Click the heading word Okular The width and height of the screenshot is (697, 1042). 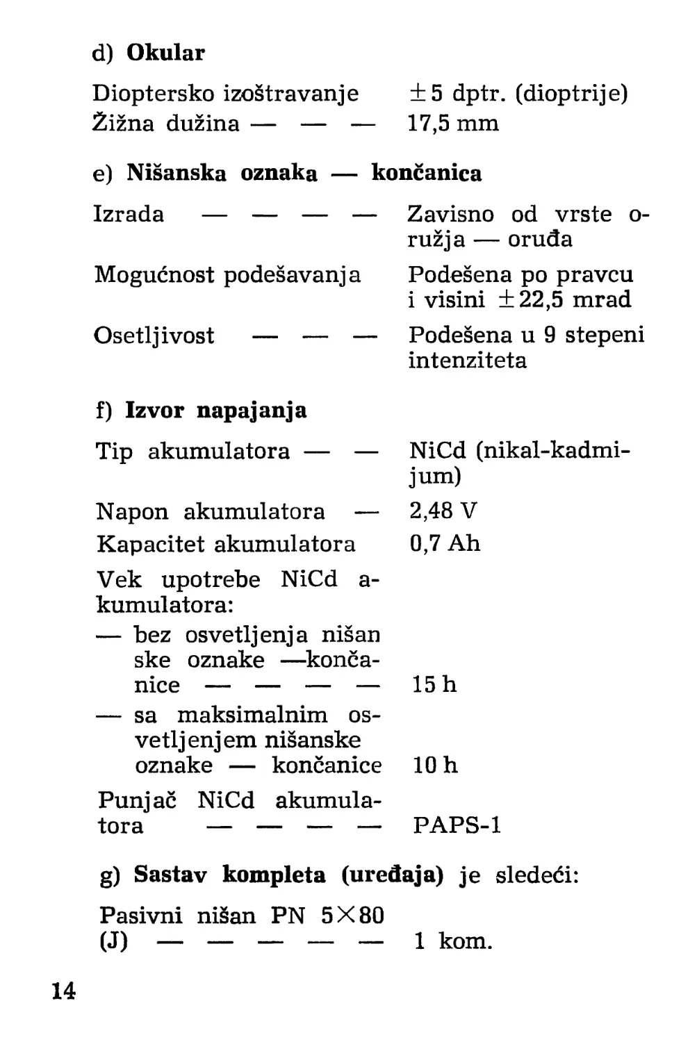click(x=165, y=53)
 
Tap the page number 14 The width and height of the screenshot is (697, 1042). click(x=63, y=991)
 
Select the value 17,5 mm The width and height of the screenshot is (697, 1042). click(x=453, y=124)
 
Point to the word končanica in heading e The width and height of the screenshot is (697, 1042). click(x=426, y=173)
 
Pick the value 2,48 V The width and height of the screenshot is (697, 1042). click(x=443, y=511)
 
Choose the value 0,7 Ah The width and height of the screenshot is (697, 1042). click(x=445, y=543)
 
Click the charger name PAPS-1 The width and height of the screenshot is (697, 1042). click(x=457, y=825)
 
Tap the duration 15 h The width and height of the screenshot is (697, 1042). click(x=434, y=685)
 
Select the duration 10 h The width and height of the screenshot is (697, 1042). click(x=435, y=766)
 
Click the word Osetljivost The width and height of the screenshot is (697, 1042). click(x=154, y=336)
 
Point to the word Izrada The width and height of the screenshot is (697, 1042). click(x=129, y=214)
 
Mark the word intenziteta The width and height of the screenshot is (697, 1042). click(x=467, y=361)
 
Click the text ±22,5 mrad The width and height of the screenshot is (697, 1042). click(x=564, y=300)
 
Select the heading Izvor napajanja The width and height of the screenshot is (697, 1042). click(x=215, y=411)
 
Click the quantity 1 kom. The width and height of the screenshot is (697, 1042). click(x=452, y=942)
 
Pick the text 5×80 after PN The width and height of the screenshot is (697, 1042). click(x=352, y=916)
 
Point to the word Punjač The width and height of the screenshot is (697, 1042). click(x=137, y=801)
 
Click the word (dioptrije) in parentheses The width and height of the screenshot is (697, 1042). click(x=571, y=93)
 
